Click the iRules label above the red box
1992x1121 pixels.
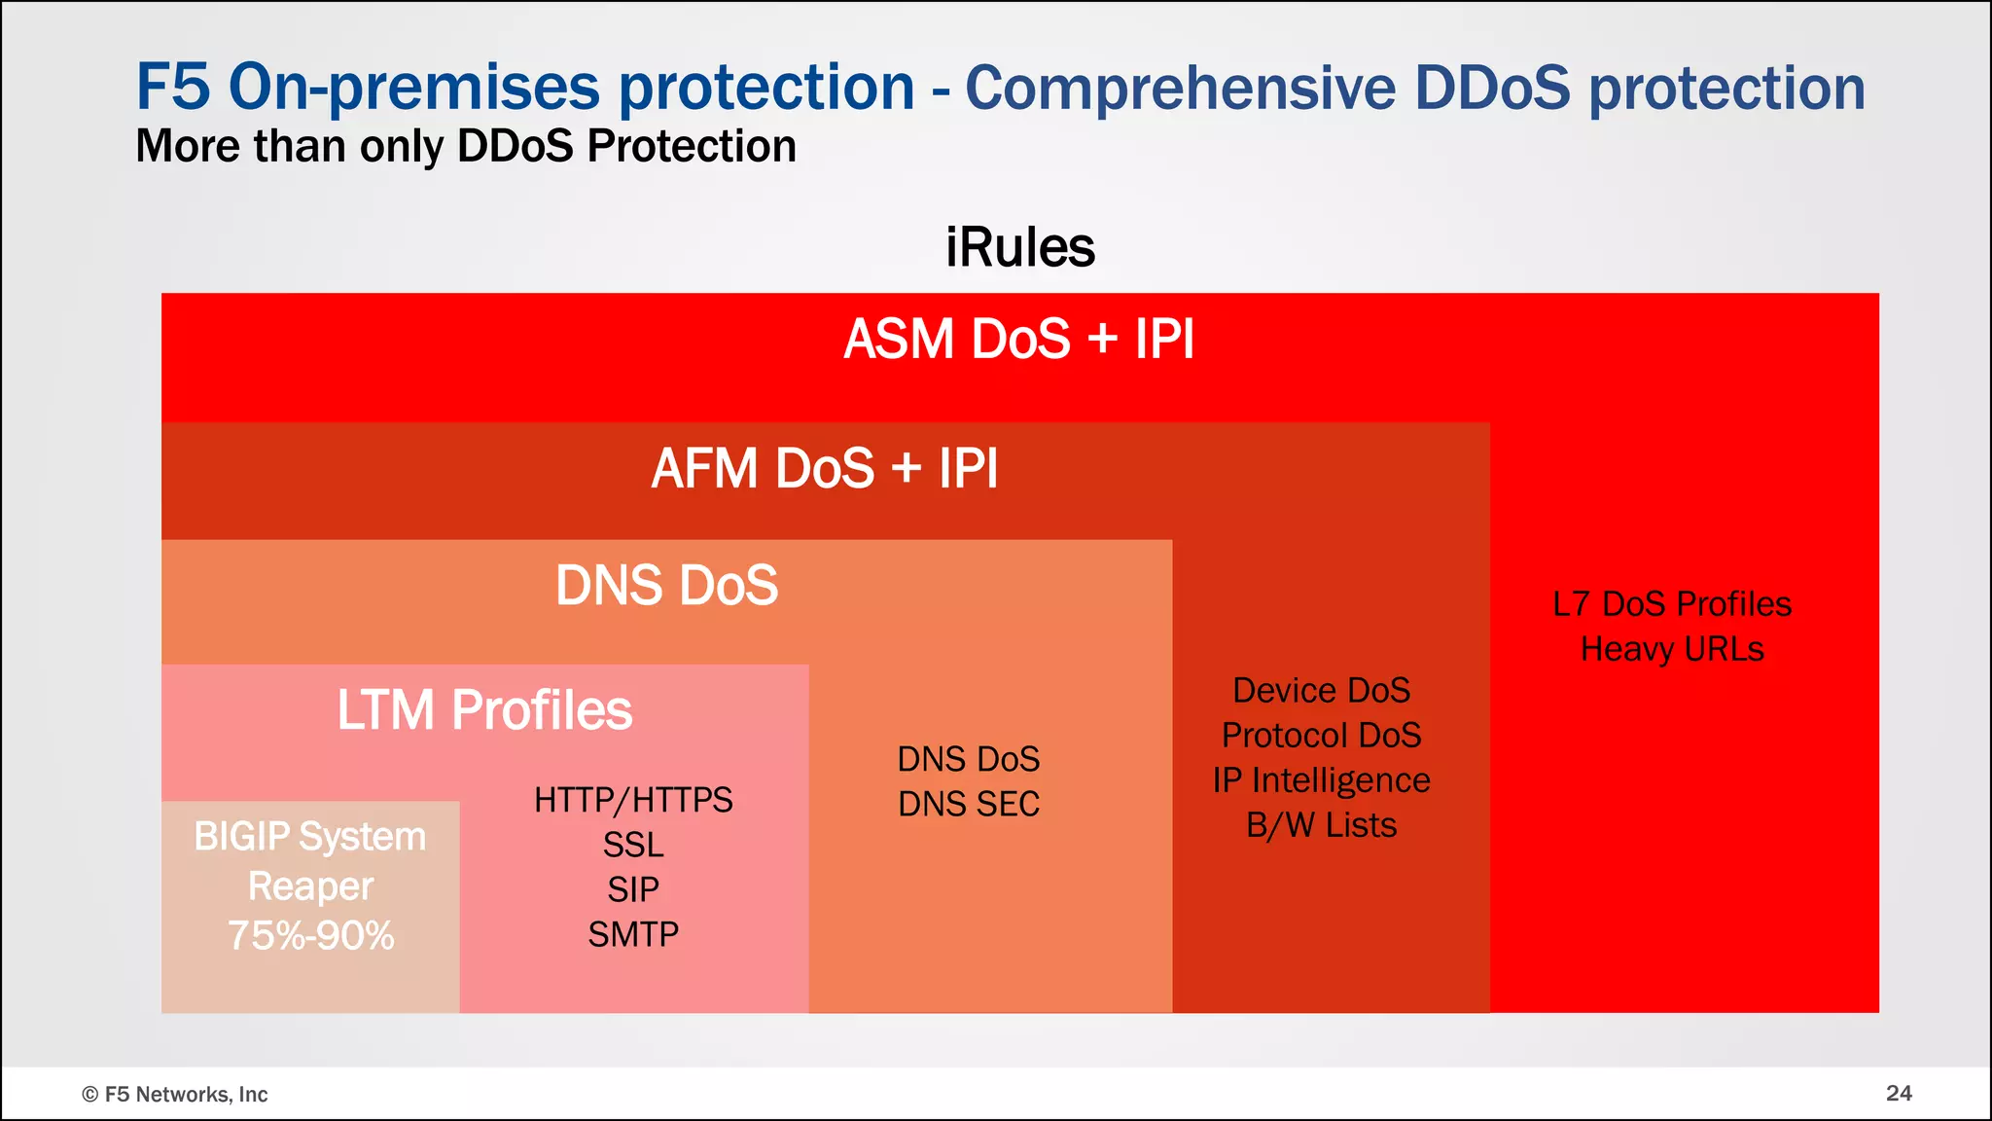click(x=1019, y=247)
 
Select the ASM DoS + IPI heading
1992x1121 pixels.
click(x=1018, y=339)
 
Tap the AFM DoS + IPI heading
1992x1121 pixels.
click(x=824, y=468)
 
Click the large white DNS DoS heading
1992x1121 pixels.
click(x=666, y=585)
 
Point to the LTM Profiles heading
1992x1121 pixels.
click(x=484, y=709)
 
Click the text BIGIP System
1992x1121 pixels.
click(x=309, y=837)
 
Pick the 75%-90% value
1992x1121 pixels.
click(x=310, y=935)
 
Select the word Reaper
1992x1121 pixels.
click(x=310, y=886)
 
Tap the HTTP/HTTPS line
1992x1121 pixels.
click(x=633, y=800)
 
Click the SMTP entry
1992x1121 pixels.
click(x=633, y=934)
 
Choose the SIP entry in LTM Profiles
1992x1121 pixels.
click(x=633, y=889)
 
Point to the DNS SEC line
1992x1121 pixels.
click(x=969, y=804)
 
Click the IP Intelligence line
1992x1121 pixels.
click(x=1321, y=780)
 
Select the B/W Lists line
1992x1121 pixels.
click(x=1321, y=825)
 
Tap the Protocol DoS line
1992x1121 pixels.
click(x=1321, y=736)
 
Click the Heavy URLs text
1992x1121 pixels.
click(x=1672, y=649)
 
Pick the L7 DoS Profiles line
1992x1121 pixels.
click(x=1672, y=604)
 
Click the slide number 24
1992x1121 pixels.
click(x=1899, y=1093)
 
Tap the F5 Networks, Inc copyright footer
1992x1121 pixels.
click(x=175, y=1095)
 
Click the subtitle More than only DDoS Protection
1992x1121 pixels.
click(x=466, y=147)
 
